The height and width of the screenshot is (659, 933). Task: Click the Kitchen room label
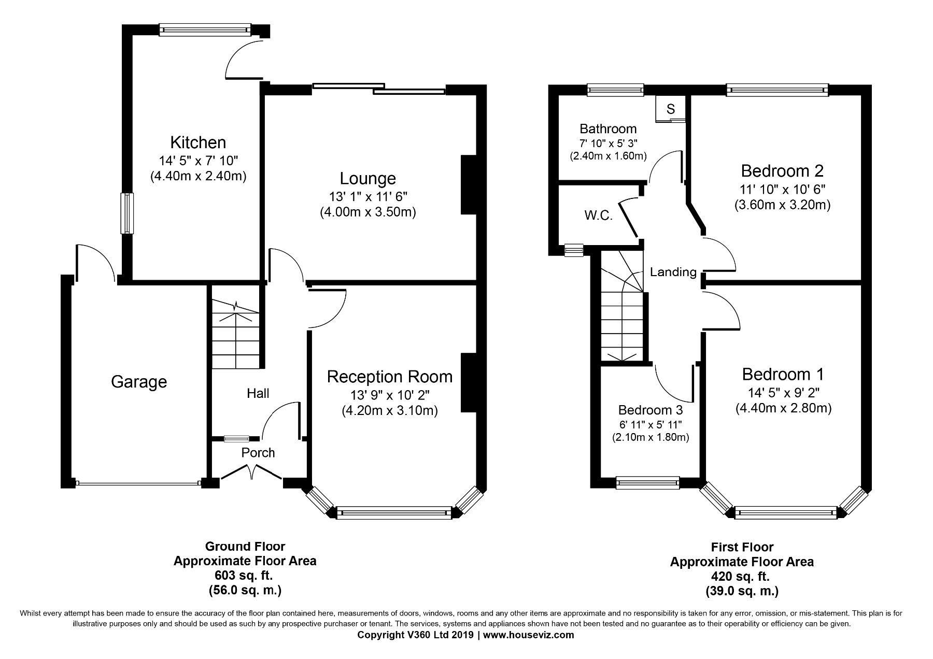[198, 142]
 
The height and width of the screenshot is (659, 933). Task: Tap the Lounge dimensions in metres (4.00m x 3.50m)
[368, 212]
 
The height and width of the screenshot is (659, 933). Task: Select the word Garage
[139, 382]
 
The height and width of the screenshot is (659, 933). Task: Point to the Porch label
[258, 452]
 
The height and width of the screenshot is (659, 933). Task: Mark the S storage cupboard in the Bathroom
[671, 109]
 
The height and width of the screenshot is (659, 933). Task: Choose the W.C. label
[599, 216]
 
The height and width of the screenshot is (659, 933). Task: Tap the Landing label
[673, 271]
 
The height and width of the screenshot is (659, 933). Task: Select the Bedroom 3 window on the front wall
[648, 483]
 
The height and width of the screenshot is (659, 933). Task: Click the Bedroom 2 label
[782, 170]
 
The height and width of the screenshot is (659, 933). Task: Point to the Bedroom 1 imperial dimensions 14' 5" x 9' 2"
[783, 392]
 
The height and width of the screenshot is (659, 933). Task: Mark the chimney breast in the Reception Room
[469, 382]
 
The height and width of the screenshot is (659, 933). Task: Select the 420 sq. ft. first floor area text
[741, 576]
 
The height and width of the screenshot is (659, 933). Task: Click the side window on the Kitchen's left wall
[127, 213]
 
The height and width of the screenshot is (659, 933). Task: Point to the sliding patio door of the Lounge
[379, 89]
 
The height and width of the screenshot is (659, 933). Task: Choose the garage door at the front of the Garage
[138, 483]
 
